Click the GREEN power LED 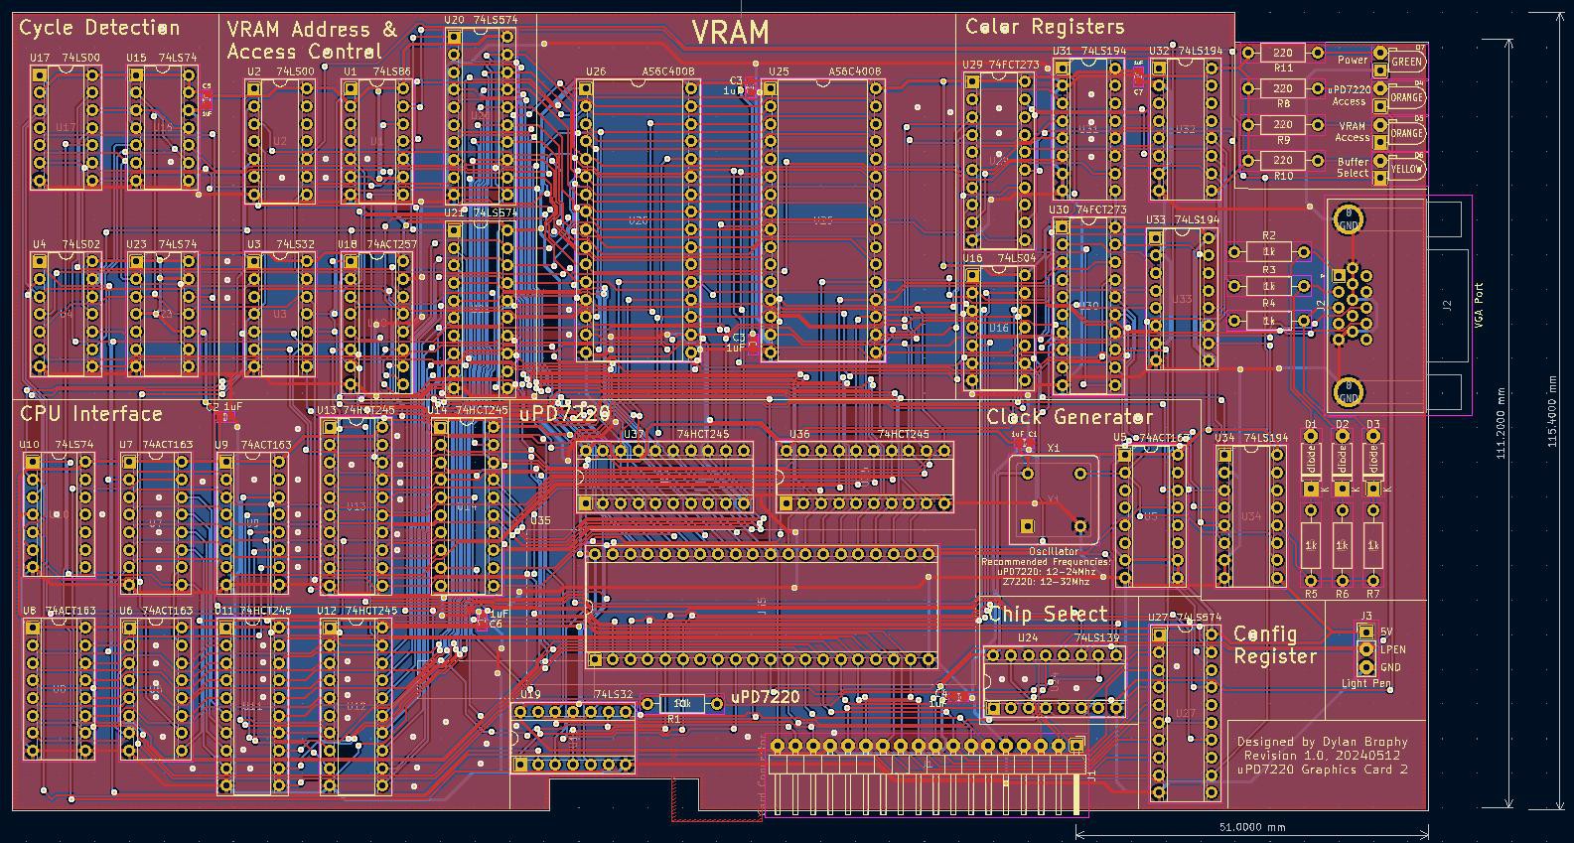[1406, 62]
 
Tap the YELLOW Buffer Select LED [1406, 169]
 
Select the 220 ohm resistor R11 [1283, 54]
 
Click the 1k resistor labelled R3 [1269, 286]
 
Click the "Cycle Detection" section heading [99, 28]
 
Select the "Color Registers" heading [1045, 27]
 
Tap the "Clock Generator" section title [1069, 417]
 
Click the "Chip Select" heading [1048, 615]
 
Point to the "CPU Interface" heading [90, 414]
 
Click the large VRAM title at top [730, 33]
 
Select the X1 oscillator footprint [1053, 496]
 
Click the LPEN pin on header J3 [1366, 649]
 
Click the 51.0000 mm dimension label [1251, 827]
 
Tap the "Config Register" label [1275, 645]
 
